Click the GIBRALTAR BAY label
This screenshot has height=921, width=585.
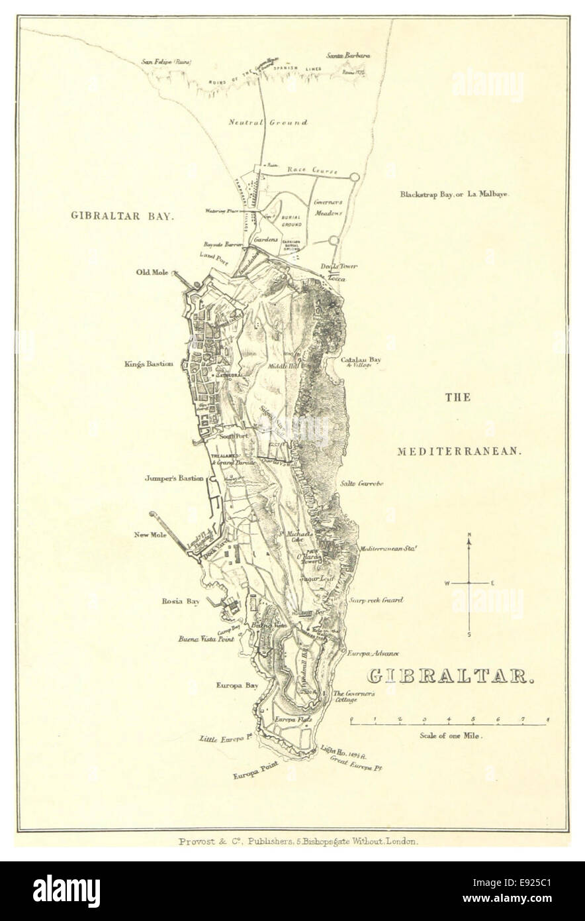click(122, 215)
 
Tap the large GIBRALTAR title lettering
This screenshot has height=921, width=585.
click(450, 677)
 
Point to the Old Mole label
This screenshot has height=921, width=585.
click(153, 272)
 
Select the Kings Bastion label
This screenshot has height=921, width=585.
click(148, 364)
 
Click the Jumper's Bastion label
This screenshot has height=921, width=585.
click(174, 478)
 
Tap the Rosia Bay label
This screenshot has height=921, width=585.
click(181, 602)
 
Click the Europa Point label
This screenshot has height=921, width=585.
click(255, 769)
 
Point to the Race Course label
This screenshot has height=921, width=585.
click(312, 170)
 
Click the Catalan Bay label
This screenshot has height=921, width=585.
click(361, 361)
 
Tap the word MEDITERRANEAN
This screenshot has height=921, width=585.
click(460, 451)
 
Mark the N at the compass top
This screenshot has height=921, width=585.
click(469, 535)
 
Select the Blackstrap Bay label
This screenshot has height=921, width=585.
click(457, 195)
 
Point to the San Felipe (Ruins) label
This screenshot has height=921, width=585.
click(166, 62)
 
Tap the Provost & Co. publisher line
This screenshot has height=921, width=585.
click(298, 841)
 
